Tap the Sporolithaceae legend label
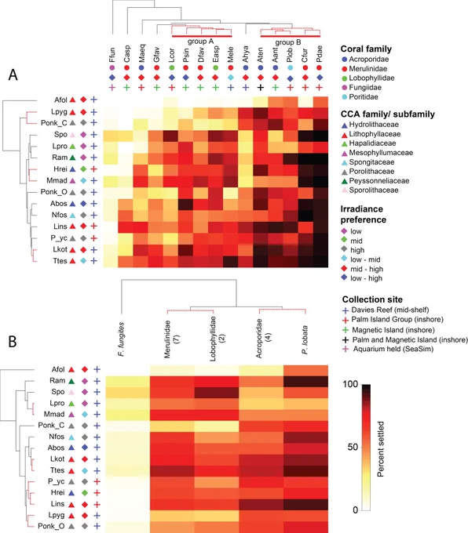coord(374,190)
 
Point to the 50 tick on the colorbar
coord(353,447)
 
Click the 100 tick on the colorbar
coord(350,384)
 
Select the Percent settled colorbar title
coord(381,449)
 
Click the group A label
coord(200,41)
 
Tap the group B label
coord(288,42)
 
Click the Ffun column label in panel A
coord(112,55)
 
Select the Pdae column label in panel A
coord(319,54)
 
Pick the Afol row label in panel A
coord(60,100)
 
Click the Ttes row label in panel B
coord(57,470)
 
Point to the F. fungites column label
coord(121,339)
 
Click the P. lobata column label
coord(305,340)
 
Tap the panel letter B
coord(13,342)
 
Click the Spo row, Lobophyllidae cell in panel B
coord(217,393)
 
